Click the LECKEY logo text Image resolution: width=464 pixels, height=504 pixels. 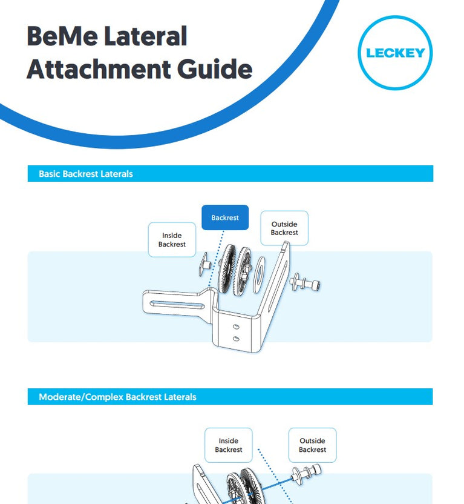395,53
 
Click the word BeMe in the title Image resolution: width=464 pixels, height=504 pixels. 62,36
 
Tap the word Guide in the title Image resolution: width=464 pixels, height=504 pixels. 215,69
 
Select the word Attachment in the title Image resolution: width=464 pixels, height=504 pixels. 99,69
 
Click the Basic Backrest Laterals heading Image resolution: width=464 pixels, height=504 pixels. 86,174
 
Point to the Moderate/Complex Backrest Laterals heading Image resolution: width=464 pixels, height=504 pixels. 117,397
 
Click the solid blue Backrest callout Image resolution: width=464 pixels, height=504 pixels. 225,217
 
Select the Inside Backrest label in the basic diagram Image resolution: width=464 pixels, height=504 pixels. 172,240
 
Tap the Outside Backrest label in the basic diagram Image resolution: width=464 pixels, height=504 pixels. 284,228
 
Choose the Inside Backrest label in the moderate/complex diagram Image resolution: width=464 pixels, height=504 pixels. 229,445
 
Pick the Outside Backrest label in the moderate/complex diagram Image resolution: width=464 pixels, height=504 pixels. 313,445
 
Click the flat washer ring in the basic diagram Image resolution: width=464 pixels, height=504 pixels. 258,274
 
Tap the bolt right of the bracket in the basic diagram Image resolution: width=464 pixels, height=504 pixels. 305,283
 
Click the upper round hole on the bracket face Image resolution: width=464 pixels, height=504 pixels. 236,327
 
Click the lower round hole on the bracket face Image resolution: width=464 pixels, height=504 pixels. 236,339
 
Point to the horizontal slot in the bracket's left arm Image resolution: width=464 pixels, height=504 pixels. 177,304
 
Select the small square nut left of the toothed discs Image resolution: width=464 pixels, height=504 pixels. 204,265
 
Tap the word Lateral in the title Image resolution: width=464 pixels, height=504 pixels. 146,36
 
